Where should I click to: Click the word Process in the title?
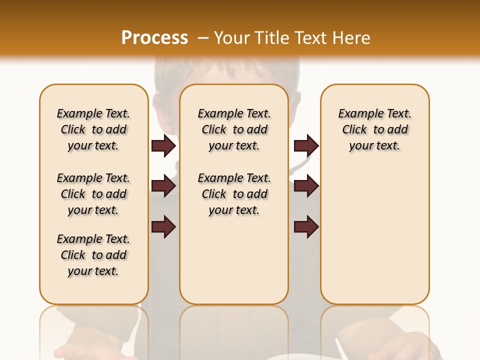click(x=154, y=37)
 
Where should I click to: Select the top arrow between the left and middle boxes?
click(x=163, y=146)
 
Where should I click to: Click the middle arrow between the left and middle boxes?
click(x=163, y=186)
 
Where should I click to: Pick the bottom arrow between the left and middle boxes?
click(x=163, y=227)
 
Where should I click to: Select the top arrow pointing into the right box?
click(x=306, y=146)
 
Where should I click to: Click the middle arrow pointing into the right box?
click(x=306, y=186)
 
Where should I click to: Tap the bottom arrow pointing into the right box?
click(x=306, y=227)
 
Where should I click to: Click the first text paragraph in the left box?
click(x=93, y=129)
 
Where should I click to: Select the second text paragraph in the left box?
click(x=93, y=194)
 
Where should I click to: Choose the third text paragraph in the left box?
click(x=93, y=255)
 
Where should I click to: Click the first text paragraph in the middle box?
click(x=234, y=129)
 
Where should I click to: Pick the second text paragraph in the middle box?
click(x=234, y=194)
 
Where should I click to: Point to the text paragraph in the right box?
click(x=375, y=129)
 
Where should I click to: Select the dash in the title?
click(x=202, y=37)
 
